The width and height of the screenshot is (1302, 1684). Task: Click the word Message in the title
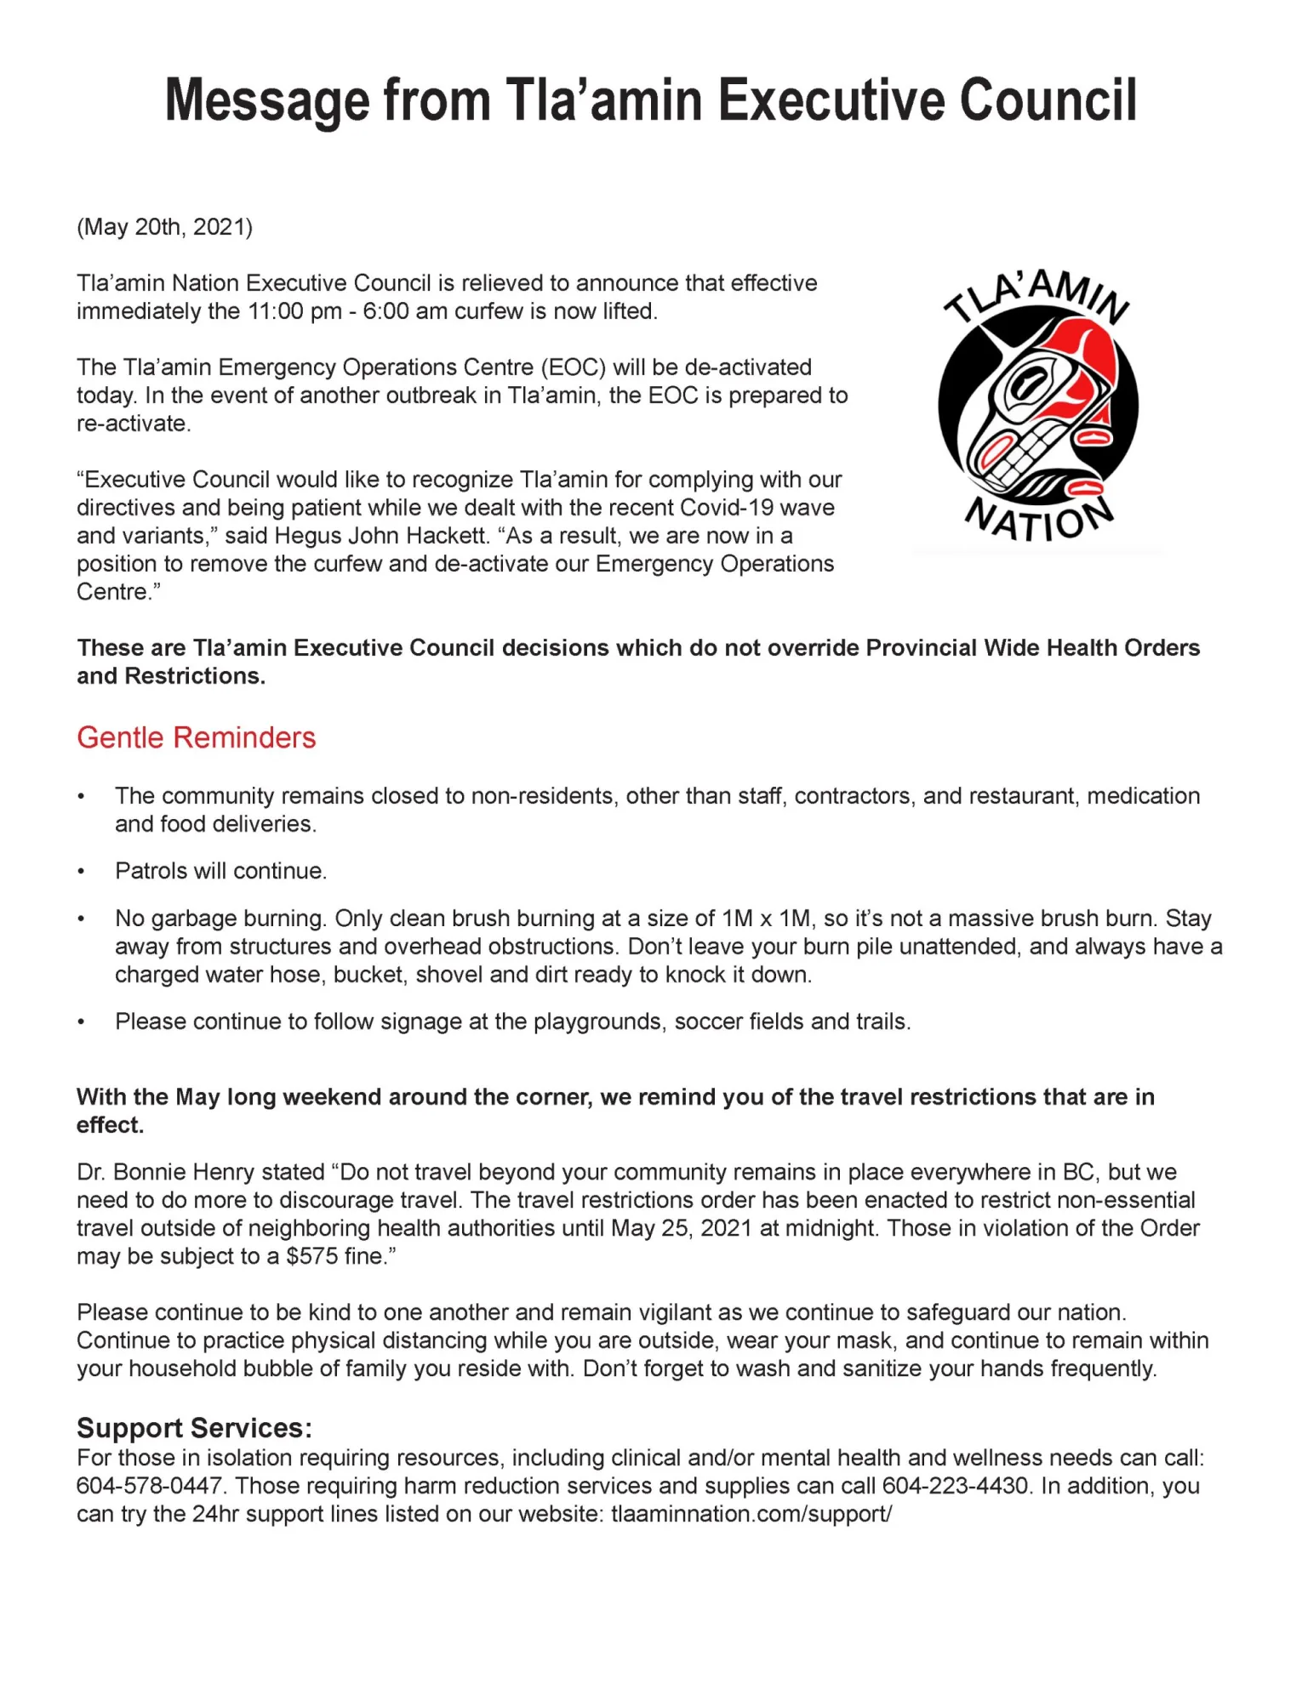click(x=267, y=101)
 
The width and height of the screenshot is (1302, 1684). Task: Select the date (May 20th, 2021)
click(x=164, y=227)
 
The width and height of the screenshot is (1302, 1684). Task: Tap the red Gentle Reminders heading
click(x=196, y=737)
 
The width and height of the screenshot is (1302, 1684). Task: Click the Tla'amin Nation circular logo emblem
click(x=1037, y=407)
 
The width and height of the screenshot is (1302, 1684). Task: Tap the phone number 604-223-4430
click(x=956, y=1486)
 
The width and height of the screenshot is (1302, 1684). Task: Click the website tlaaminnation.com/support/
click(x=751, y=1514)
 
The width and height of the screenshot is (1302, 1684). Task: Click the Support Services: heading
click(x=194, y=1427)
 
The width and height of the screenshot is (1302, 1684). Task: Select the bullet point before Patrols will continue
click(x=82, y=872)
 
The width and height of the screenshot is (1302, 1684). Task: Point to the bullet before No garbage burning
click(x=82, y=919)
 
